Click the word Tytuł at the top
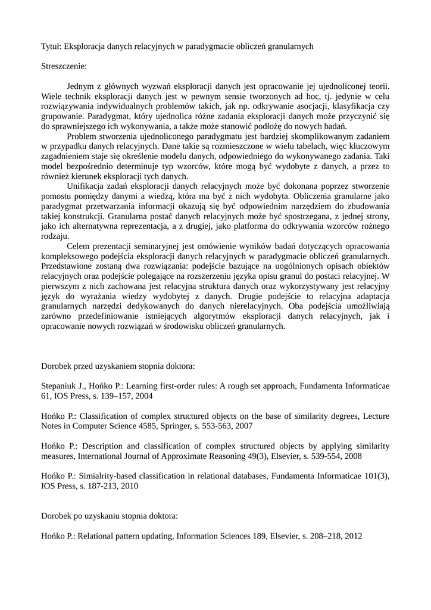(x=51, y=46)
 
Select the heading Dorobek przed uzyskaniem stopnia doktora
(x=118, y=366)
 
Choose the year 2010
(x=130, y=485)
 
